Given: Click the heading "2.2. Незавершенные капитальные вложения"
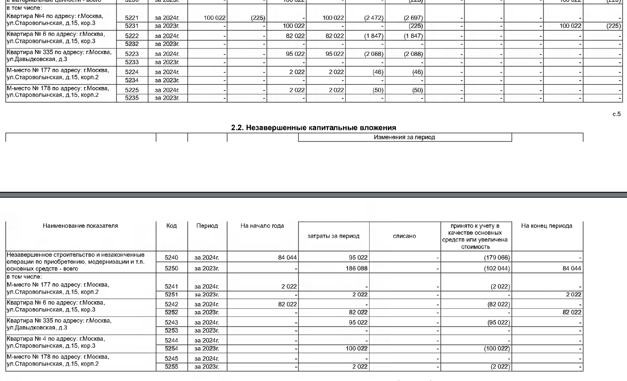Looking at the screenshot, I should click(x=313, y=128).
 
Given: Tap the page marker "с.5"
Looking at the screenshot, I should click(x=616, y=114).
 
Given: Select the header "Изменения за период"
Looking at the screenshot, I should click(x=404, y=137).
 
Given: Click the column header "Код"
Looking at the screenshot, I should click(x=172, y=226).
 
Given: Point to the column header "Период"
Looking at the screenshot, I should click(x=207, y=226).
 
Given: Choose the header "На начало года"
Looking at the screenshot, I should click(x=262, y=226).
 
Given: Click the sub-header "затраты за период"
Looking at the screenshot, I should click(x=333, y=236).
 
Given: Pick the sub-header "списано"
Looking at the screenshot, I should click(x=404, y=236).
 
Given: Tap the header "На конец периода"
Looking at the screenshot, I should click(x=546, y=226).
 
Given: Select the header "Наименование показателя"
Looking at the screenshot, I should click(x=80, y=226).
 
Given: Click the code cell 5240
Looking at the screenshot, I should click(x=172, y=258).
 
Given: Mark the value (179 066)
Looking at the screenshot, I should click(x=497, y=258).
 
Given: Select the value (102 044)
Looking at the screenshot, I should click(x=497, y=268).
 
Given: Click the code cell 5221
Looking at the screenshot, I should click(x=132, y=18).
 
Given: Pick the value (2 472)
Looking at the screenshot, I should click(x=374, y=18).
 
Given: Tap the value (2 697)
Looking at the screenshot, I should click(x=413, y=18).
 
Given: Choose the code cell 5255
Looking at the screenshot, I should click(x=172, y=367).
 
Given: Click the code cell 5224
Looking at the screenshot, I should click(x=132, y=72).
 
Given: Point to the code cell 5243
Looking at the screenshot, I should click(x=172, y=323).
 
